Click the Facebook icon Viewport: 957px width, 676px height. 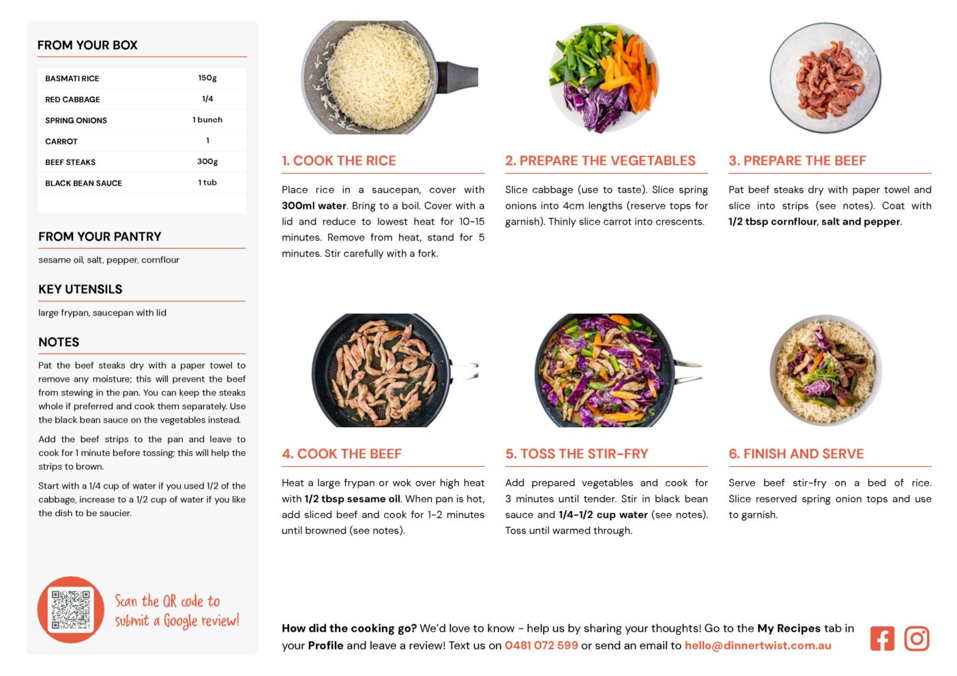[x=882, y=639]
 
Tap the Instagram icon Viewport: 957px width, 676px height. [x=916, y=639]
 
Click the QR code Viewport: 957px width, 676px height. [x=71, y=610]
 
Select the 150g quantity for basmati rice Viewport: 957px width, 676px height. [x=207, y=78]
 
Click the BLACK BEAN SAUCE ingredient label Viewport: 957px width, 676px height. [x=84, y=183]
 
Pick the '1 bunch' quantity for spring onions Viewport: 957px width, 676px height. [x=207, y=119]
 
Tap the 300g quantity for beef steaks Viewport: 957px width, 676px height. [x=207, y=162]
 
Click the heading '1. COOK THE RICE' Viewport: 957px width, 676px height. [x=339, y=160]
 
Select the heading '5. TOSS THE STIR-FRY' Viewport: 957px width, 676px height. [x=577, y=454]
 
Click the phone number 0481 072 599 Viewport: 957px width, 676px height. [x=542, y=645]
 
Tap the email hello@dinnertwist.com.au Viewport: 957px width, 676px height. [x=758, y=645]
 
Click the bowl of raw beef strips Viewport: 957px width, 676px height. [x=825, y=78]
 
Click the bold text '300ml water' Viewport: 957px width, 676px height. [x=314, y=206]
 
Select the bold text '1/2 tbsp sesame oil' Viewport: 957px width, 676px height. [x=353, y=499]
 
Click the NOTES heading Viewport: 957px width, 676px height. [x=59, y=342]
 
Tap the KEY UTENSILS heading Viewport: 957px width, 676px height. [x=80, y=290]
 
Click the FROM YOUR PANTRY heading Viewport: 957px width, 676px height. [x=100, y=236]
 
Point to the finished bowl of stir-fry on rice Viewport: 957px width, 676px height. [x=826, y=370]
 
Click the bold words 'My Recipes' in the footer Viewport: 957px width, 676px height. [x=789, y=628]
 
